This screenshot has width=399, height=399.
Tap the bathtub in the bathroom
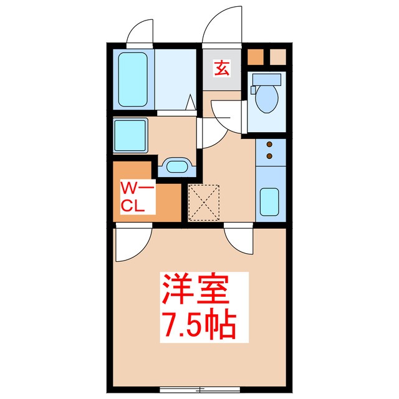click(133, 80)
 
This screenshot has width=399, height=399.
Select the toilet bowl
click(267, 99)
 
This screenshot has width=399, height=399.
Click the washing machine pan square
click(130, 133)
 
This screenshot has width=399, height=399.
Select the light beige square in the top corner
click(277, 57)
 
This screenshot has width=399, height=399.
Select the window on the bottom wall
click(189, 390)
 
